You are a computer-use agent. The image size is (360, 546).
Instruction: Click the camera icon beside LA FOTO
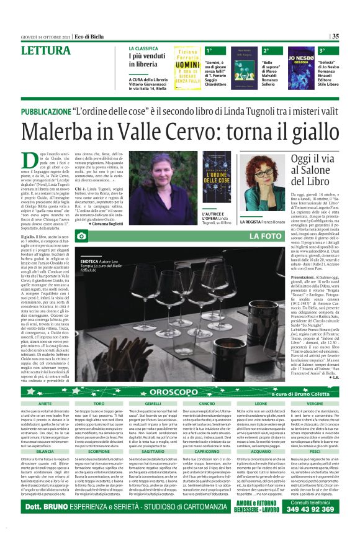[82, 237]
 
